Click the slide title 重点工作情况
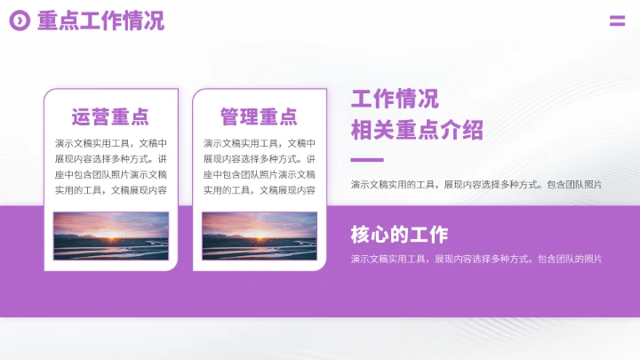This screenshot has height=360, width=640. click(x=100, y=21)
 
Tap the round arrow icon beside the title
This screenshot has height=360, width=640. click(x=20, y=21)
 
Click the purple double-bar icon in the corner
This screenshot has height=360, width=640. click(x=617, y=21)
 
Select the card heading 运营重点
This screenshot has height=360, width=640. click(x=110, y=116)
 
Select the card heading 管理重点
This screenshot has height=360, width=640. click(x=259, y=116)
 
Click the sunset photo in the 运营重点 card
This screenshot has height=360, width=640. click(x=110, y=236)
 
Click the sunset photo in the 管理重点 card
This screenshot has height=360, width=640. click(x=259, y=236)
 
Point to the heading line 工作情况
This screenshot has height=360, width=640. click(x=395, y=99)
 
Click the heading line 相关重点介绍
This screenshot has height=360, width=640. click(x=417, y=131)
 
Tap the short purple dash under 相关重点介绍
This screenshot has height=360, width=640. click(x=367, y=160)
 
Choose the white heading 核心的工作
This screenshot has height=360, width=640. click(x=399, y=235)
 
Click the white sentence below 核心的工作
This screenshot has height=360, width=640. click(x=476, y=260)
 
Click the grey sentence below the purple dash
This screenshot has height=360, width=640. click(x=476, y=185)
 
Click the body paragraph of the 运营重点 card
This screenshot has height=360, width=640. click(x=110, y=166)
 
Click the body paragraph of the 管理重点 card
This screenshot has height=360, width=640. click(x=259, y=166)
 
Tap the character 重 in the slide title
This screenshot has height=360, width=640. click(x=47, y=21)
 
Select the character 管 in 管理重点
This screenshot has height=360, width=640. click(x=230, y=116)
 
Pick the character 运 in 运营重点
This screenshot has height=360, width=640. click(x=82, y=116)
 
